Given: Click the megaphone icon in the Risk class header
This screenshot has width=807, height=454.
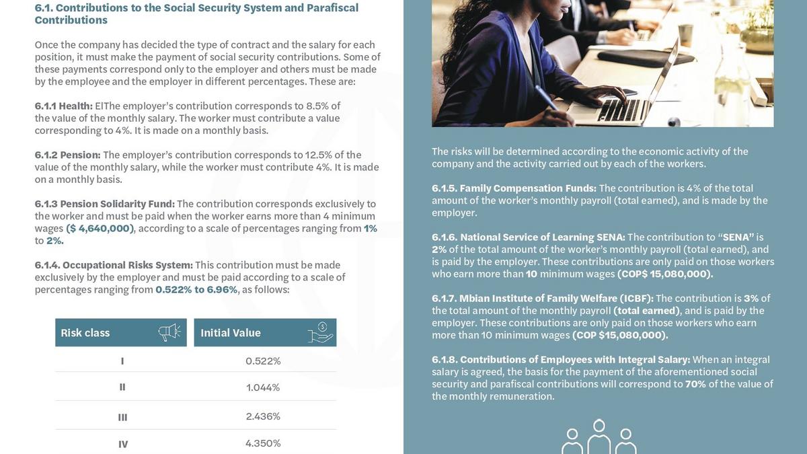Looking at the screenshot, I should [169, 332].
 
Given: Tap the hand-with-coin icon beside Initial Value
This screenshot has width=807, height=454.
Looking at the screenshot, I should [320, 332].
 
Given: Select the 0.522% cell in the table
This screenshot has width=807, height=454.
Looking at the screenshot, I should [263, 361].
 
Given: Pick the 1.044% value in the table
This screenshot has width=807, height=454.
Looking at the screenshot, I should [263, 387].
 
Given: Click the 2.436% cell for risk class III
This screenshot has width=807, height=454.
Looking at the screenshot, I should [263, 416].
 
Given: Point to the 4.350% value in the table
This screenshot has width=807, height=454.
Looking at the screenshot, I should [263, 443].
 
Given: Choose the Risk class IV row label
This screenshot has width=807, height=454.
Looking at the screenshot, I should [123, 444].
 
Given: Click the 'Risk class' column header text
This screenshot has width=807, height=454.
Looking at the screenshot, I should [85, 333].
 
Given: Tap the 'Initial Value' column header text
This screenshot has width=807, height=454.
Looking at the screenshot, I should [231, 333].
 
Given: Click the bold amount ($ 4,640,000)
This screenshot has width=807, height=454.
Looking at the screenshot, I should [100, 229].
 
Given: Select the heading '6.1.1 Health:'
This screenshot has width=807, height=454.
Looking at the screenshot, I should [63, 106].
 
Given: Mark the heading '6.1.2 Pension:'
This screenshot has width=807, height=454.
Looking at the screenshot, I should [67, 155].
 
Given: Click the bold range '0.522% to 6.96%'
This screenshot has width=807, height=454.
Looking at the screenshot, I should [196, 290].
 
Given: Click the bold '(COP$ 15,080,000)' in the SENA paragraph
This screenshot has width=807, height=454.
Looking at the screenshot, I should [665, 274].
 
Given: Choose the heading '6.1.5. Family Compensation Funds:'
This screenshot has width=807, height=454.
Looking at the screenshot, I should [514, 188].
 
